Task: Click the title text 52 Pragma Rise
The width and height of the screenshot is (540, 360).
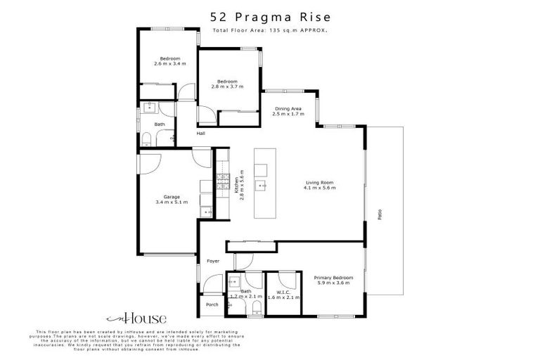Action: pos(270,17)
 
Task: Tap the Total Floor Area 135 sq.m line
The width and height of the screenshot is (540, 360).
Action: pos(270,31)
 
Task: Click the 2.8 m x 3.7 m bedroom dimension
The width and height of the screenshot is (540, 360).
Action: pos(227,86)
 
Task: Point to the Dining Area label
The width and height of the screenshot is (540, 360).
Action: pos(288,108)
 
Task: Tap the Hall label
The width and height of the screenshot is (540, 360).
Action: pos(201,134)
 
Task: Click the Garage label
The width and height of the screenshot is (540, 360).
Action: pos(172,197)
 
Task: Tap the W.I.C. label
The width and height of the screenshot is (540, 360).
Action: pos(283,292)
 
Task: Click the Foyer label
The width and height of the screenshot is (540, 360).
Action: pos(213,262)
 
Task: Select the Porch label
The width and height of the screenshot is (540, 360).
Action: pos(212,304)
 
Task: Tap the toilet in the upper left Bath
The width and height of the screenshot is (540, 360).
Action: pos(146,141)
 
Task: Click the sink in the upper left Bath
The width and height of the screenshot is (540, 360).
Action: pos(148,108)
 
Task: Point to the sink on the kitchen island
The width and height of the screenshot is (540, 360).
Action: pos(261,186)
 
